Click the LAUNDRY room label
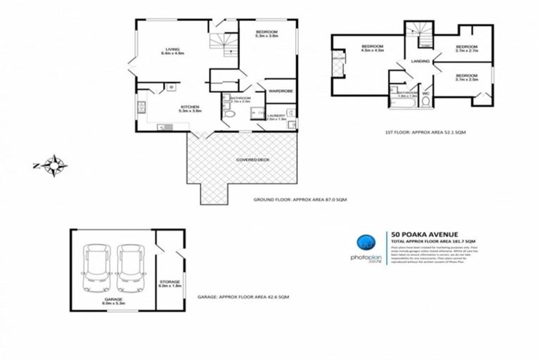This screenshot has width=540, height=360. [276, 116]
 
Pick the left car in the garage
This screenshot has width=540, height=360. [96, 268]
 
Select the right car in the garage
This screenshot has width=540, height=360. [130, 268]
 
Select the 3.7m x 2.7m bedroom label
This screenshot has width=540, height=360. [467, 49]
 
